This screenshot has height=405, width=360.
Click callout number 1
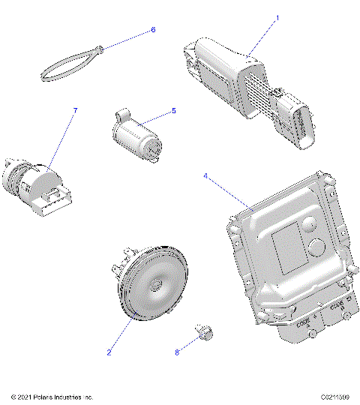[277, 17]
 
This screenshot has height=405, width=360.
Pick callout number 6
[154, 30]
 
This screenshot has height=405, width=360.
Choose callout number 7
[74, 111]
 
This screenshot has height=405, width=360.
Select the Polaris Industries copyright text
[52, 397]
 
